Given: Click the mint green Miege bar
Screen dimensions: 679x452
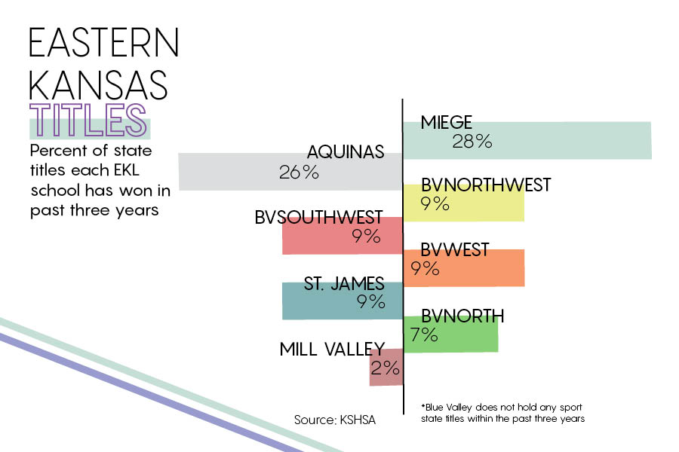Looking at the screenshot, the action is click(527, 141).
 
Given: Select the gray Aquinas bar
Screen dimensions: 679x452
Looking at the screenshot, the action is click(290, 172).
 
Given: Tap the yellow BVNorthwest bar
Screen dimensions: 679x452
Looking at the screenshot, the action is click(464, 203).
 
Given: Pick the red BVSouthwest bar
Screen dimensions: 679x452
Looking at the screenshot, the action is click(343, 235).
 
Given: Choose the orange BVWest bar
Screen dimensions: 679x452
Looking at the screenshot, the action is click(464, 267).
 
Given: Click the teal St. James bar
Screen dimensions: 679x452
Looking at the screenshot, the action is click(343, 301).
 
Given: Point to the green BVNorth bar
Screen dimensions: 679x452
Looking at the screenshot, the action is click(450, 334).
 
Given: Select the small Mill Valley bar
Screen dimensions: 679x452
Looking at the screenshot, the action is click(386, 367).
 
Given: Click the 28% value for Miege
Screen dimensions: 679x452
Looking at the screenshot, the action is click(472, 142).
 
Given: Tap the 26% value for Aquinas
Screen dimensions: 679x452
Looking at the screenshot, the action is click(299, 173).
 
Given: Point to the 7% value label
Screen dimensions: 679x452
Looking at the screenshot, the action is click(424, 334).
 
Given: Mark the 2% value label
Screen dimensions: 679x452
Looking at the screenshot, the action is click(385, 368).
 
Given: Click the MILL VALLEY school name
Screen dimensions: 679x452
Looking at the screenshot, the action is click(332, 349).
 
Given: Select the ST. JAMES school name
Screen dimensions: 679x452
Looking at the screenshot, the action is click(344, 284).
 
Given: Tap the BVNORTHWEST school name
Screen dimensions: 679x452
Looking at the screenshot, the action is click(486, 185).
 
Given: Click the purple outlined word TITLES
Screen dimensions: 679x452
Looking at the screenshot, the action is click(88, 120).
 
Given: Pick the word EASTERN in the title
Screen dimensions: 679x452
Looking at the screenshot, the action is click(104, 42).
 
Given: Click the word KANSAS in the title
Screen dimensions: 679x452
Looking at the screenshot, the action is click(98, 85).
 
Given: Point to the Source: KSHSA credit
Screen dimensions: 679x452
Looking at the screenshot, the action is click(335, 420).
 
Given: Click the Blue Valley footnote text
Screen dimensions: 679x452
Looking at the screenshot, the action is click(502, 413).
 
